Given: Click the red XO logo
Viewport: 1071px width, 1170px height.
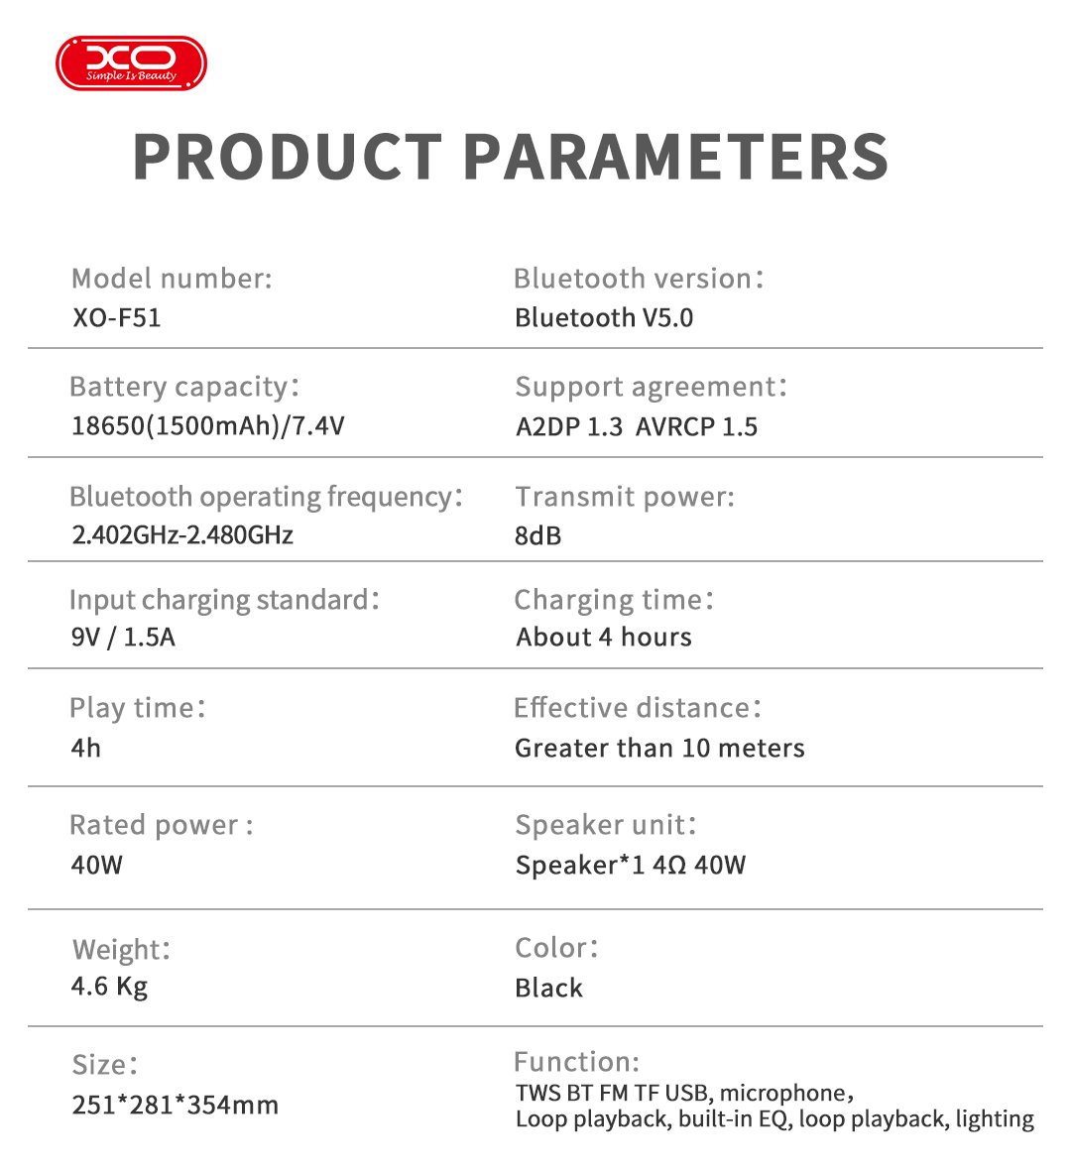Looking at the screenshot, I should [x=131, y=62].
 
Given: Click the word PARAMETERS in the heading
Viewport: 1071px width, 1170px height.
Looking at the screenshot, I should [x=675, y=156].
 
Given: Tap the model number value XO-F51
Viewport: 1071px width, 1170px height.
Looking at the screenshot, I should [x=116, y=318].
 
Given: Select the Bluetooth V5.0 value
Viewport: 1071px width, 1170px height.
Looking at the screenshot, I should [x=604, y=318].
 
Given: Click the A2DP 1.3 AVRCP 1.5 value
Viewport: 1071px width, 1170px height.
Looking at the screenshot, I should [x=637, y=427].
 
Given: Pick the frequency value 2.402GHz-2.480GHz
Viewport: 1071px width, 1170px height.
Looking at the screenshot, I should [x=182, y=535].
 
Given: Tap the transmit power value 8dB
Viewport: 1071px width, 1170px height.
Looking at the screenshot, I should [x=537, y=536].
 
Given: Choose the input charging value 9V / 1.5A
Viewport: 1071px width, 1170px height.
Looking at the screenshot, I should [x=123, y=637].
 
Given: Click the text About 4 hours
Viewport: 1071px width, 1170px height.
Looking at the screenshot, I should [x=604, y=637].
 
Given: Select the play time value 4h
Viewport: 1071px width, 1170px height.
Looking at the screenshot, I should [x=86, y=748].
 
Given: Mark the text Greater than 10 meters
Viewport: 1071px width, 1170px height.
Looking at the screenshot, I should [x=659, y=748].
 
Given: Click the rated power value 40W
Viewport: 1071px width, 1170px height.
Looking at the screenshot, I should [x=96, y=865].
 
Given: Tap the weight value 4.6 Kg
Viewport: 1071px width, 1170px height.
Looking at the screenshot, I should [x=109, y=987].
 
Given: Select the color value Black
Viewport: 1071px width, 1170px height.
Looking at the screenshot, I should [x=548, y=988].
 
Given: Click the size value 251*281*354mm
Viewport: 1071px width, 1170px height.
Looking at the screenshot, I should [x=175, y=1105].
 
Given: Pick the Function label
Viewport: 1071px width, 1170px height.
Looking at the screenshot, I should [x=576, y=1062].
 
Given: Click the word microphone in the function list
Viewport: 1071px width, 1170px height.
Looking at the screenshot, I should [x=780, y=1093].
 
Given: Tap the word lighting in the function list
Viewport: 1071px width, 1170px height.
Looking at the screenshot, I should [x=994, y=1119].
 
